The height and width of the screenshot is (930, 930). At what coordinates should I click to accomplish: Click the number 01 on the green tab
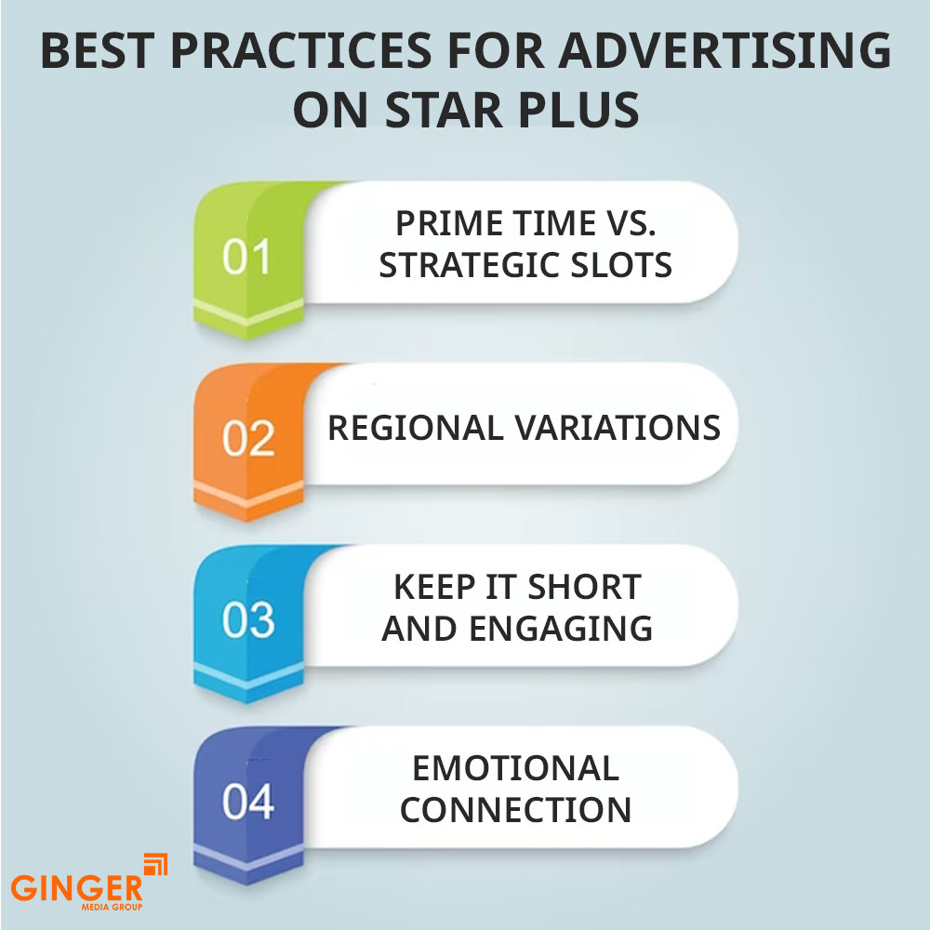(246, 258)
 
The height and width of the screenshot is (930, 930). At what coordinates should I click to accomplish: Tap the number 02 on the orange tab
(247, 439)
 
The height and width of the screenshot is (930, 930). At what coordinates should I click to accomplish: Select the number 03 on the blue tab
(248, 621)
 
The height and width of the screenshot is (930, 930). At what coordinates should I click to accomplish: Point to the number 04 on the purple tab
(248, 803)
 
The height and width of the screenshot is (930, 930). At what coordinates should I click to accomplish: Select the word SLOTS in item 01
(624, 265)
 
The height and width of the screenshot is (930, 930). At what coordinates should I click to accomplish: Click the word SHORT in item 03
(585, 587)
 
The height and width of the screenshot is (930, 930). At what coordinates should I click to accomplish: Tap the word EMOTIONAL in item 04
(516, 768)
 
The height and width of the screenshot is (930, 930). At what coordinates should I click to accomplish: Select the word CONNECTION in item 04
(516, 809)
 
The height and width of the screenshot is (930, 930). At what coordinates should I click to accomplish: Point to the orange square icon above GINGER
(156, 865)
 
